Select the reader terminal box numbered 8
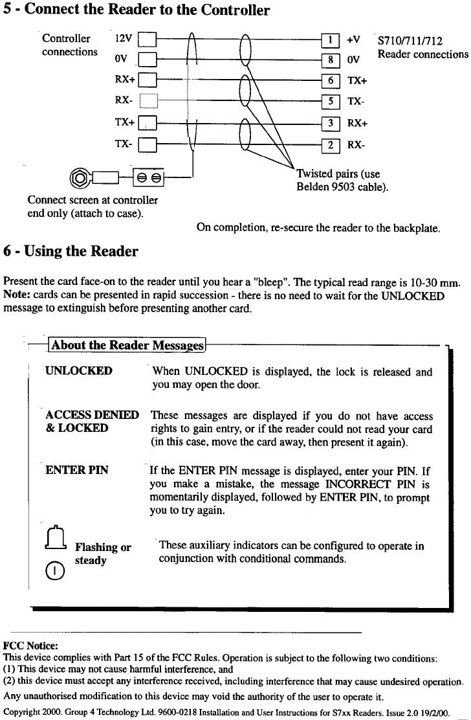coord(330,60)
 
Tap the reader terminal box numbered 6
coord(330,81)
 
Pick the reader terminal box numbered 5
coord(330,101)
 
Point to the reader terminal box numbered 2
coord(330,145)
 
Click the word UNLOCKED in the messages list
coord(79,372)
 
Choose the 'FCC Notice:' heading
coord(30,646)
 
